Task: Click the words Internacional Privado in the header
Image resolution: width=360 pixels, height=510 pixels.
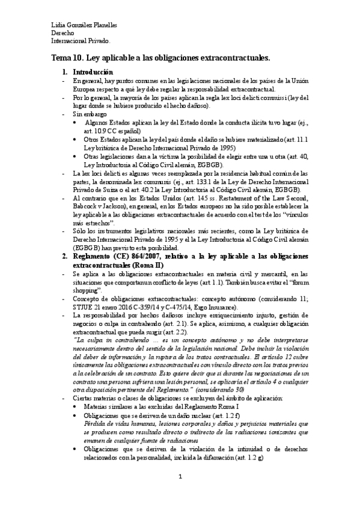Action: [81, 41]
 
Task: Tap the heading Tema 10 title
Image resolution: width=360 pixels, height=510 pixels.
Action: [160, 58]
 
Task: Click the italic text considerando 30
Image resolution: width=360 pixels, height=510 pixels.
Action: [225, 389]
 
